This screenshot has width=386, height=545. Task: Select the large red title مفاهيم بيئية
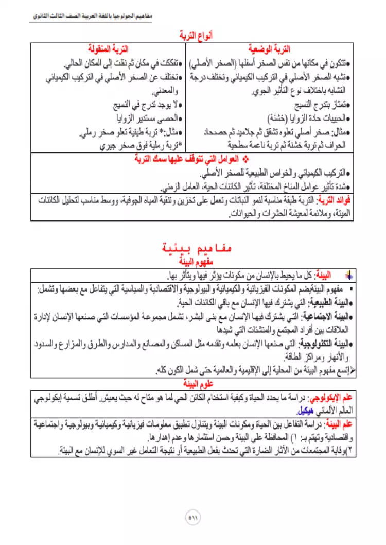coord(193,249)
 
